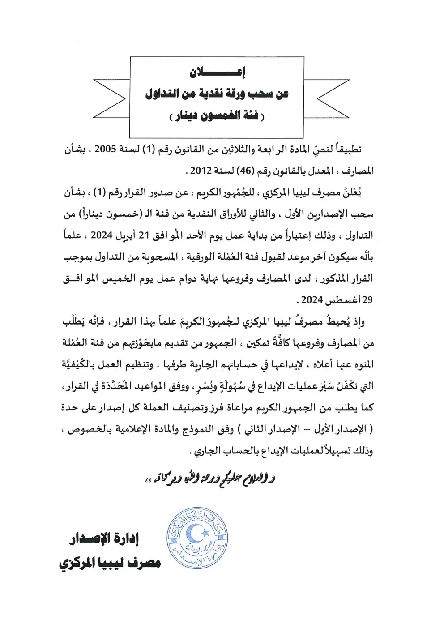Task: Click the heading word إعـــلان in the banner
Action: (217, 72)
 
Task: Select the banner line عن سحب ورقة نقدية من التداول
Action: (217, 94)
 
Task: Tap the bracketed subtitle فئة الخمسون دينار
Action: (217, 116)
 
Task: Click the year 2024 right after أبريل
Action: (102, 235)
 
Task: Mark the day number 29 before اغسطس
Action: (367, 299)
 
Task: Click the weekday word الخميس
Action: (117, 278)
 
